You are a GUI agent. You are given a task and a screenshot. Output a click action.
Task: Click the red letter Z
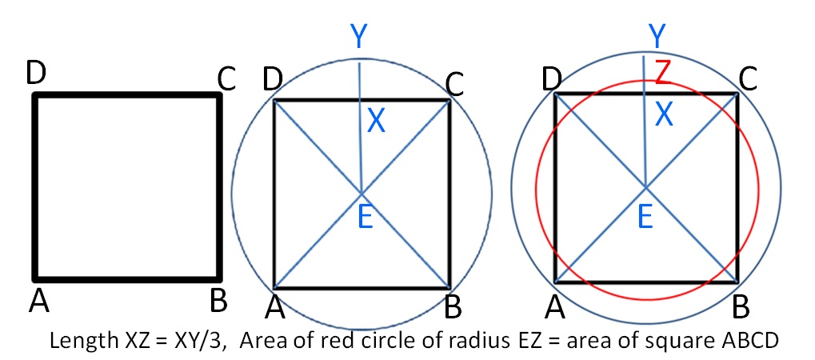(662, 72)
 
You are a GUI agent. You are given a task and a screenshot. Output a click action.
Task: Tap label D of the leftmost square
(34, 74)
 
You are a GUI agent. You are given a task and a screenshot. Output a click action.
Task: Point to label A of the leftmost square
(38, 302)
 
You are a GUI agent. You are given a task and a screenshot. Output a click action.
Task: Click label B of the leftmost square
(218, 302)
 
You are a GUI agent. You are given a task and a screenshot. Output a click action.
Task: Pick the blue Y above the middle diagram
(358, 36)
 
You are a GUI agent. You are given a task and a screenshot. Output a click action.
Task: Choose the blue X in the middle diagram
(376, 121)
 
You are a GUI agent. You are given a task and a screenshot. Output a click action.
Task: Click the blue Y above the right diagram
(657, 36)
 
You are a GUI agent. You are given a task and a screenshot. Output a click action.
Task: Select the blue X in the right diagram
(664, 116)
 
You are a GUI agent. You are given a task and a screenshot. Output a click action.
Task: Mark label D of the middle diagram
(272, 80)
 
